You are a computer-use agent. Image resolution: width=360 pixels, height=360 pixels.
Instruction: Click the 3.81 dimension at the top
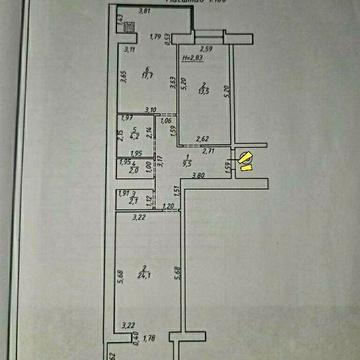145,11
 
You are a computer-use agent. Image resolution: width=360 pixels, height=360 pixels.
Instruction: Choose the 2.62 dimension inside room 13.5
201,139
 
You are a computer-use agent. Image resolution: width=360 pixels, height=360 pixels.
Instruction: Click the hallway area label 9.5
187,161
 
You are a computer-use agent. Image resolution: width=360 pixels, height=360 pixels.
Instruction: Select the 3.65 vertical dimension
123,76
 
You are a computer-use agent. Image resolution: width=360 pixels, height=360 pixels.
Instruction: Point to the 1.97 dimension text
126,118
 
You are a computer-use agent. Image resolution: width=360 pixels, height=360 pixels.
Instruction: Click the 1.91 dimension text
124,193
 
